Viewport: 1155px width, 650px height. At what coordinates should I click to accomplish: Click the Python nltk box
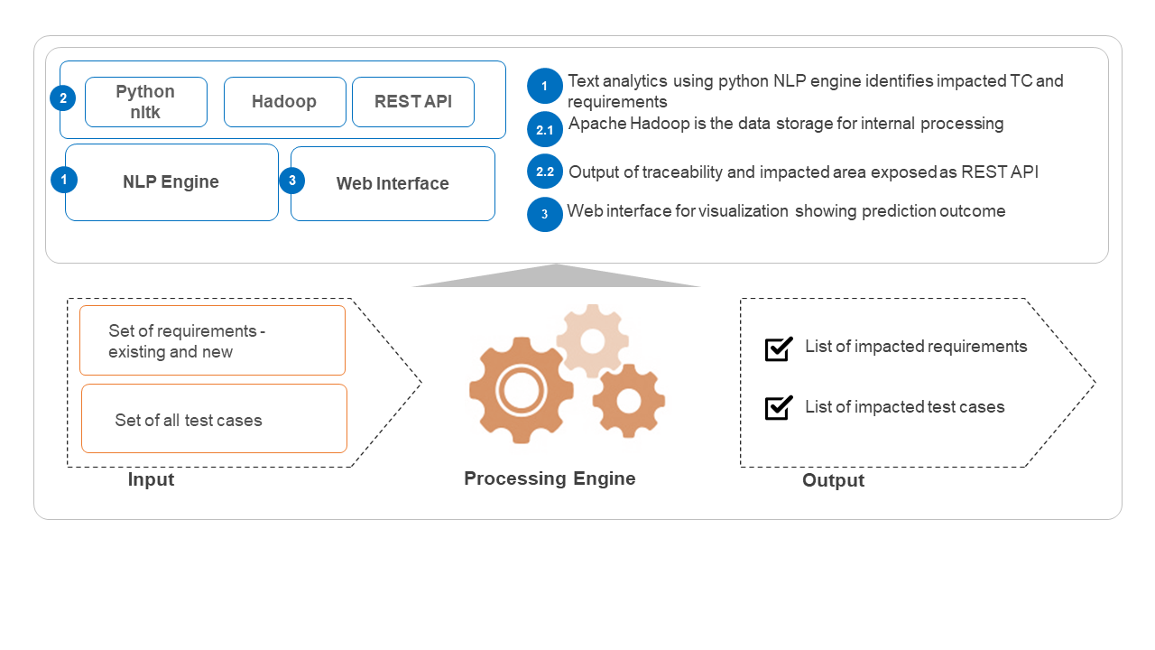point(146,102)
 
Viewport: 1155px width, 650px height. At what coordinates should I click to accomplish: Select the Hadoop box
point(284,102)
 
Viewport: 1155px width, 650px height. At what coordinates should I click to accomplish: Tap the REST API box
point(412,102)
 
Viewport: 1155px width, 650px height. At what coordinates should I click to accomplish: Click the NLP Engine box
point(171,182)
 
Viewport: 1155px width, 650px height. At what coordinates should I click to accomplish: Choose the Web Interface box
point(393,184)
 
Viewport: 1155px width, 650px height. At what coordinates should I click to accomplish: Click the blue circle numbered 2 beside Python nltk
point(62,98)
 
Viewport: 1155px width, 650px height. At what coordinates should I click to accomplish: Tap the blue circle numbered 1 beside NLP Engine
point(64,180)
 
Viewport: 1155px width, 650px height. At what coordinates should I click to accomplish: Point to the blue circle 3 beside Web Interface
point(292,181)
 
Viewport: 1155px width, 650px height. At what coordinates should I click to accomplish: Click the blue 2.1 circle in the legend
point(544,130)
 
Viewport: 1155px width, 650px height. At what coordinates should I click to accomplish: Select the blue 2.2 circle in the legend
point(544,172)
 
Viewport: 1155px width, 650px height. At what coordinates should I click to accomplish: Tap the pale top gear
point(592,340)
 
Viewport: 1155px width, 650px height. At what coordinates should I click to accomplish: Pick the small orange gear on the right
point(629,401)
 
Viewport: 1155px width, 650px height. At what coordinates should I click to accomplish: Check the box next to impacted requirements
point(778,348)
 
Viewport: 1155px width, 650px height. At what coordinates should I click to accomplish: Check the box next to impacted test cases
point(778,408)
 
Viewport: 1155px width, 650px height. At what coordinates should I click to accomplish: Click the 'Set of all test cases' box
point(214,419)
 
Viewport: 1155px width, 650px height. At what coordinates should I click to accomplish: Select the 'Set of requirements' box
point(212,340)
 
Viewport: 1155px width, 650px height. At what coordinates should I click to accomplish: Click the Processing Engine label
point(550,478)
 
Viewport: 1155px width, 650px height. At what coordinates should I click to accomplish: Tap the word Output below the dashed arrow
point(833,480)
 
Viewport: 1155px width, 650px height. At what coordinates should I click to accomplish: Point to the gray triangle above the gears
point(556,277)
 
